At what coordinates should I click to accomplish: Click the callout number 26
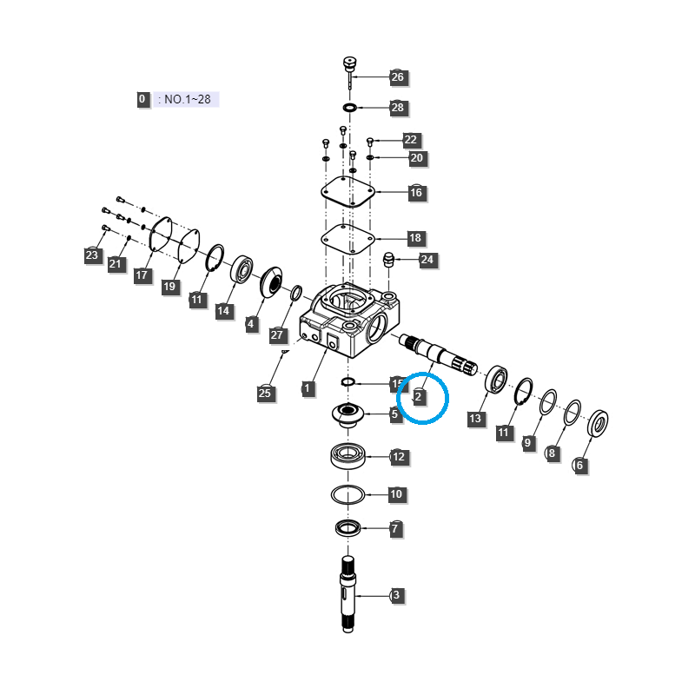tap(398, 77)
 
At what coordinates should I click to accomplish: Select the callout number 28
tap(398, 108)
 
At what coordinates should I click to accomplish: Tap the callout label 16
tap(416, 192)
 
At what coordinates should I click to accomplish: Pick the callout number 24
tap(427, 260)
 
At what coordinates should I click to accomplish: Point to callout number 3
tap(396, 595)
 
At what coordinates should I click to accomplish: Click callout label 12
tap(398, 456)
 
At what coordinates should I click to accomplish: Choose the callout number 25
tap(265, 394)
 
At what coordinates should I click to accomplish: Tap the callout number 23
tap(92, 255)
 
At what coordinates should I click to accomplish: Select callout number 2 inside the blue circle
tap(419, 397)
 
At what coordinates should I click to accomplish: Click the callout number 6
tap(579, 466)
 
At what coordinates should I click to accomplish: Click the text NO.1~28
tap(188, 99)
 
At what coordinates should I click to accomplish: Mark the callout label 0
tap(142, 99)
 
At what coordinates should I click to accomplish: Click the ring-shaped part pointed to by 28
tap(349, 108)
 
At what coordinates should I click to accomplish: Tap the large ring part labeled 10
tap(347, 494)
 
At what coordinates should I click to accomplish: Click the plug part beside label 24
tap(390, 258)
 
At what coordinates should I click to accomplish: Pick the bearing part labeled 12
tap(348, 454)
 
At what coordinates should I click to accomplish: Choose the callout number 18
tap(414, 238)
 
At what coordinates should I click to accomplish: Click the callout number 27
tap(277, 334)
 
